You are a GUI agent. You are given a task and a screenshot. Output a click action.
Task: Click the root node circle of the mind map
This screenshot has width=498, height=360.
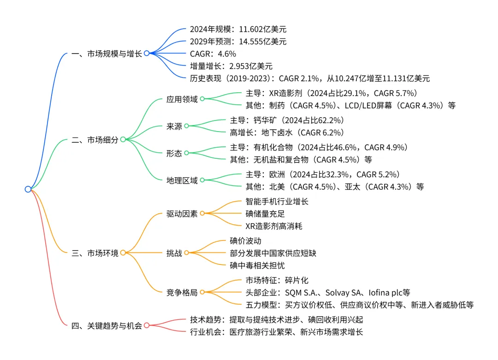28,189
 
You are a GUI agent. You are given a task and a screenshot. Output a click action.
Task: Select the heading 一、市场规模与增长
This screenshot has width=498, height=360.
107,54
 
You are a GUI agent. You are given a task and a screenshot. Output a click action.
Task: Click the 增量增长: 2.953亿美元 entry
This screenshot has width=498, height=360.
231,66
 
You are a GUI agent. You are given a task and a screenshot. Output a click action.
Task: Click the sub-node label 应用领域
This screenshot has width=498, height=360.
182,99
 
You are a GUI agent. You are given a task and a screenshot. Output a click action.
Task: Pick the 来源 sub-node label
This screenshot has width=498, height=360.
174,126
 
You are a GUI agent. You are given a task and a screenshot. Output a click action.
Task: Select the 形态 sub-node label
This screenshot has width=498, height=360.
174,154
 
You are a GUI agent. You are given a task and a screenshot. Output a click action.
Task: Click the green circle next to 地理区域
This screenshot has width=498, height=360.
202,180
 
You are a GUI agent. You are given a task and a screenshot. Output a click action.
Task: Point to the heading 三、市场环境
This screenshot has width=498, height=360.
95,253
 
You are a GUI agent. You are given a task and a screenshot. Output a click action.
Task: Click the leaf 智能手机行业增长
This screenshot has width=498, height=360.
277,202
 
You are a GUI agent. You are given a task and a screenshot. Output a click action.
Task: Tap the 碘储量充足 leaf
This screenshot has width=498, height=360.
265,214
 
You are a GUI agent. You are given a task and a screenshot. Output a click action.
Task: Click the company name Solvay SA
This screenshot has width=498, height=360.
344,293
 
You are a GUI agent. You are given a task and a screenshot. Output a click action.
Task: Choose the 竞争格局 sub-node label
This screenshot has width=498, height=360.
182,293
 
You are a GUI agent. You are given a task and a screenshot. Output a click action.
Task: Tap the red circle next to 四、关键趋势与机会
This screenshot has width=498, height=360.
147,325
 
